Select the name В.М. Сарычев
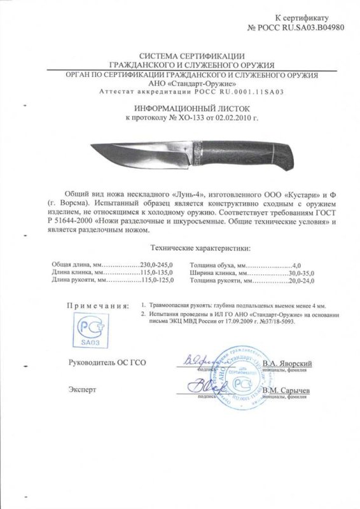tap(286, 389)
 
